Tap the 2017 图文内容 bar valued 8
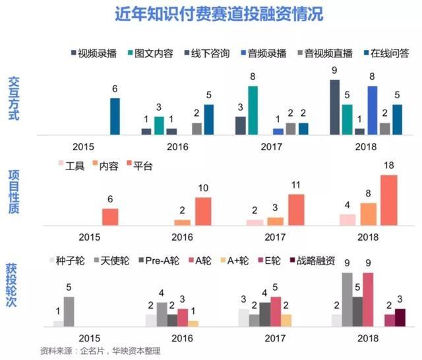pos(253,110)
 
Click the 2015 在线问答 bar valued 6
pos(115,116)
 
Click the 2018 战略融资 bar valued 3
pos(400,317)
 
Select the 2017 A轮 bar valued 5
pos(276,311)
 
